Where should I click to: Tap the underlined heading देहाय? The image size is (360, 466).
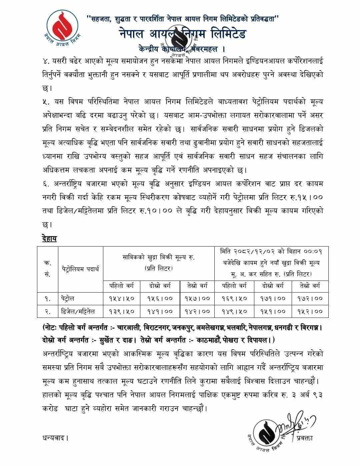coord(50,238)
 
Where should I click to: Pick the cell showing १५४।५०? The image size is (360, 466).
coord(122,299)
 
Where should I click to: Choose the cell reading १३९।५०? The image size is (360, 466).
coord(122,312)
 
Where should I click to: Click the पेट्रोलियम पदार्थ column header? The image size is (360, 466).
coord(81,269)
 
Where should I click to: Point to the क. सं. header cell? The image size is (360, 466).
coord(47,269)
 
